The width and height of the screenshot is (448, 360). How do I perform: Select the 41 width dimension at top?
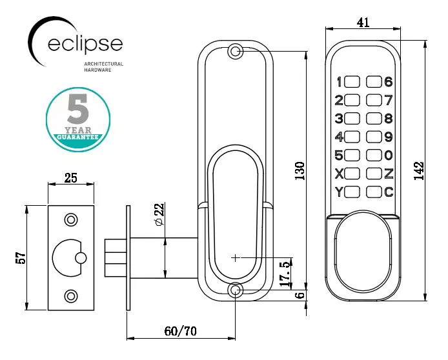point(363,23)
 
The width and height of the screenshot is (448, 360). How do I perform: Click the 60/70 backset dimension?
point(180,331)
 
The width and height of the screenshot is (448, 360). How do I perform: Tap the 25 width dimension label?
point(72,178)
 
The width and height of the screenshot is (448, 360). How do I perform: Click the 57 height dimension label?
point(21,257)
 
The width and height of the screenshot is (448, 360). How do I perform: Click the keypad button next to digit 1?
point(352,82)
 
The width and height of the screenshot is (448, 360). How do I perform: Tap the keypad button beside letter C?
point(374,192)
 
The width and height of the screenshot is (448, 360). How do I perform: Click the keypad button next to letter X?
point(352,173)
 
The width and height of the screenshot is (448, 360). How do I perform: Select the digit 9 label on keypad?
point(389,137)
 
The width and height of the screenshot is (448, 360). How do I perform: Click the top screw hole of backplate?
point(236,52)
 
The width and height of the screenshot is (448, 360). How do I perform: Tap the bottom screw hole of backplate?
point(236,291)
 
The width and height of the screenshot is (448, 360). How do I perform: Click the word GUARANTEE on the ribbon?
point(77,137)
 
